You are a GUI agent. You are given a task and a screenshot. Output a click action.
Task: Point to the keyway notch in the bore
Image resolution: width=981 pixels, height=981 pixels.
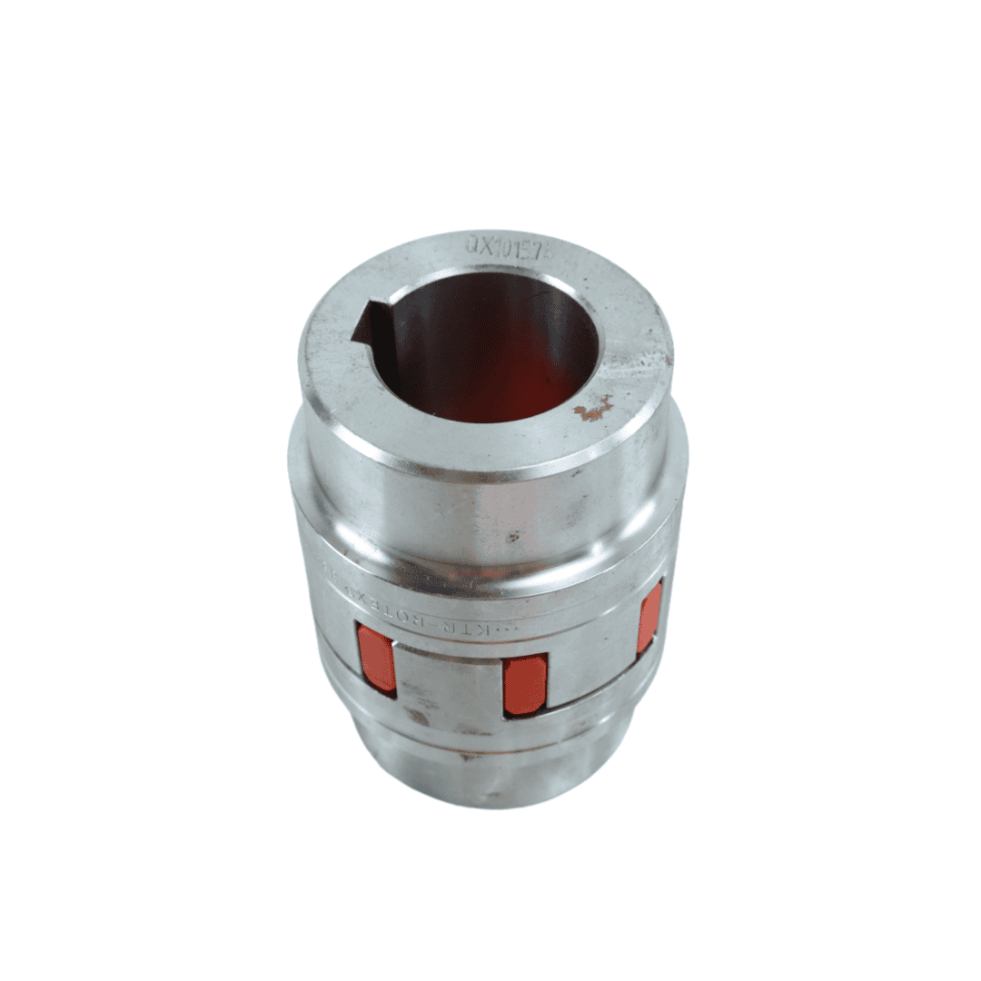coord(372,324)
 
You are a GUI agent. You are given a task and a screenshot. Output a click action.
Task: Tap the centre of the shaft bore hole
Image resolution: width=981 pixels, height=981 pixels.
coord(495,350)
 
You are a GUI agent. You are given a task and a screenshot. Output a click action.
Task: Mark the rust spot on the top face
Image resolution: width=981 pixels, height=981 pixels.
coord(593,411)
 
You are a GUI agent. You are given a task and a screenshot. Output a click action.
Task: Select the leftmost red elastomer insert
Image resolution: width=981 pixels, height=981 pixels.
coord(376,658)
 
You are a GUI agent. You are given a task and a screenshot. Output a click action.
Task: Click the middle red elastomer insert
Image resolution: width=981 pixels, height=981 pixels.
coord(525,684)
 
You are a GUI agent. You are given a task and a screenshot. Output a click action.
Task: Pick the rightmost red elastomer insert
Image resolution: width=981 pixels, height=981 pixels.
coord(649,620)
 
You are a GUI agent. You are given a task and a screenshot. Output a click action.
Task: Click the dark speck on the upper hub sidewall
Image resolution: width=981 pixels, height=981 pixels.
coord(512,537)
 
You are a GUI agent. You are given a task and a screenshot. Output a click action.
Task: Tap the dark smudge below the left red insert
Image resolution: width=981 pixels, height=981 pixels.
coord(417,717)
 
